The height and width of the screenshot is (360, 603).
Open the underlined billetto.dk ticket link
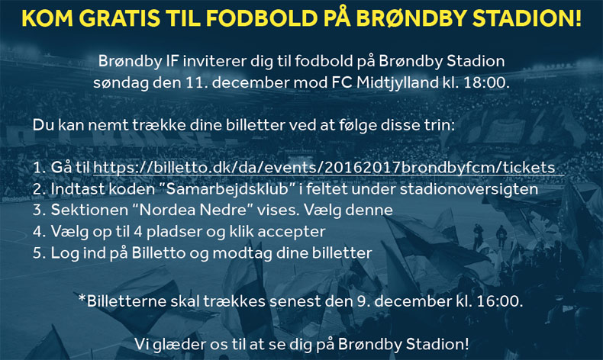324,168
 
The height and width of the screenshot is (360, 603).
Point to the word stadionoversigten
469,189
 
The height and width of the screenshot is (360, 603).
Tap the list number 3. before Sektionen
39,211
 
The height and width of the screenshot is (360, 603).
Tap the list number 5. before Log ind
39,253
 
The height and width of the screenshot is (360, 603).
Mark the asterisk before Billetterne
82,297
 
